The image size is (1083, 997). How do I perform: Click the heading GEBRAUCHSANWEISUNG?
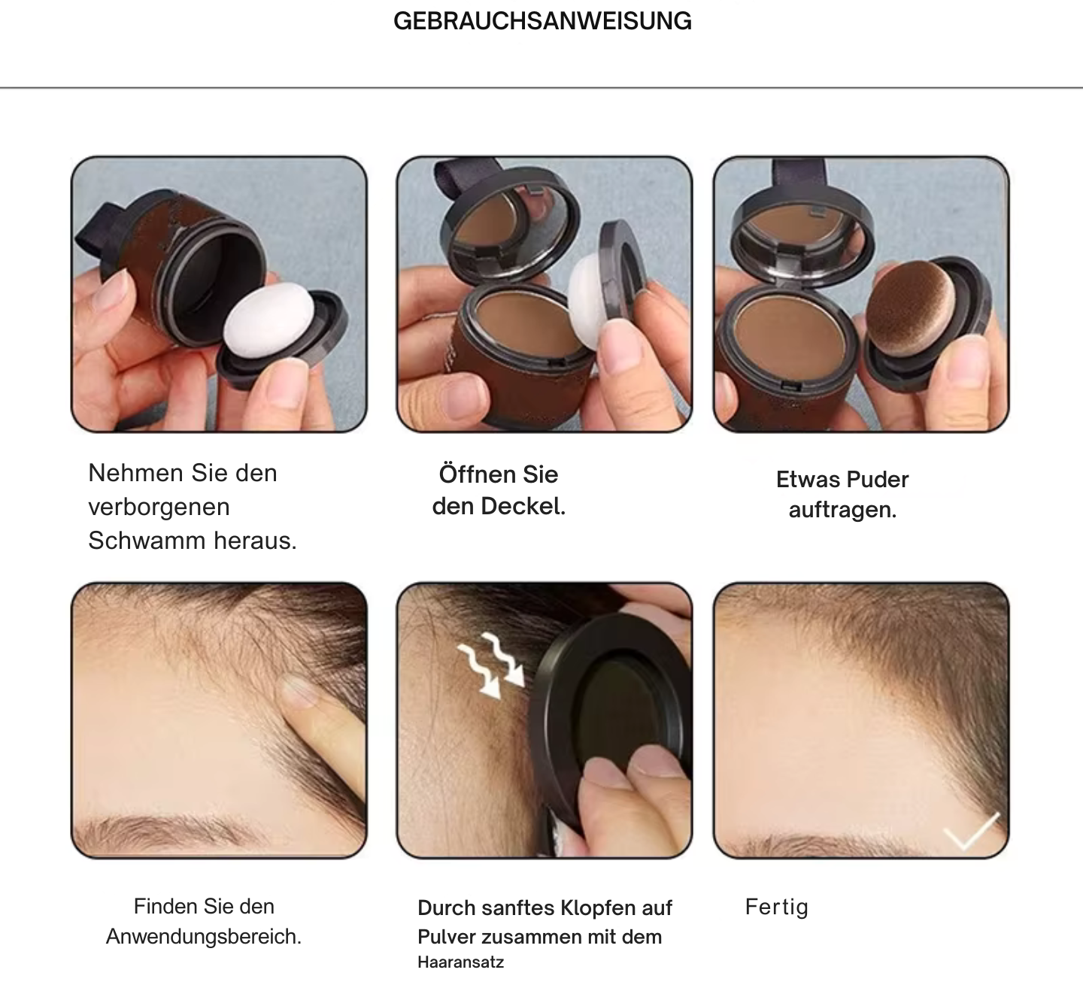[542, 21]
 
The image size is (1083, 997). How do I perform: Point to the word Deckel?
[523, 506]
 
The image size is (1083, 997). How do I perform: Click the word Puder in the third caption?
[878, 480]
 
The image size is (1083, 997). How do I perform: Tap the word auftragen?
[842, 510]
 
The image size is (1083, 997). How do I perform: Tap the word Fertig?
[776, 907]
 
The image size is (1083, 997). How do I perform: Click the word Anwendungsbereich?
[204, 937]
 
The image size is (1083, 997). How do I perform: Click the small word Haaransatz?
[460, 962]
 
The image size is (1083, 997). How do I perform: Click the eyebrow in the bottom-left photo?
[162, 829]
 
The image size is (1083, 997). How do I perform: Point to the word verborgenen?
[159, 507]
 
